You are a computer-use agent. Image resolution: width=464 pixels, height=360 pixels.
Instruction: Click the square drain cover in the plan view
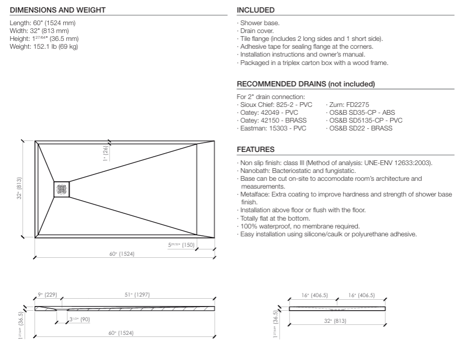click(61, 189)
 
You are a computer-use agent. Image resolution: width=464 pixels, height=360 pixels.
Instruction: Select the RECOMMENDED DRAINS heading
click(306, 84)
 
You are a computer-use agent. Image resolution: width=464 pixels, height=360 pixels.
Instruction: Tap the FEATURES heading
click(256, 149)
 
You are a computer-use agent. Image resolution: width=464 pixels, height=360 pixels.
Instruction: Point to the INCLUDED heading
click(256, 10)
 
